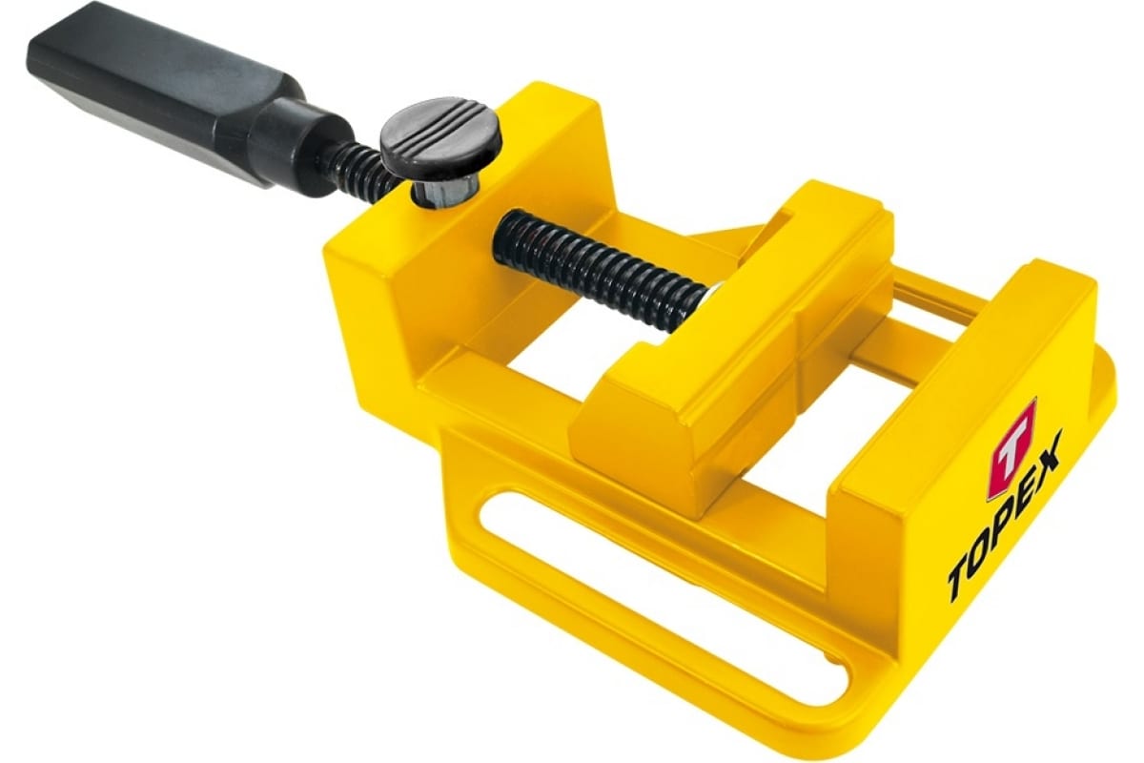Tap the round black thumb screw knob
[440, 137]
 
